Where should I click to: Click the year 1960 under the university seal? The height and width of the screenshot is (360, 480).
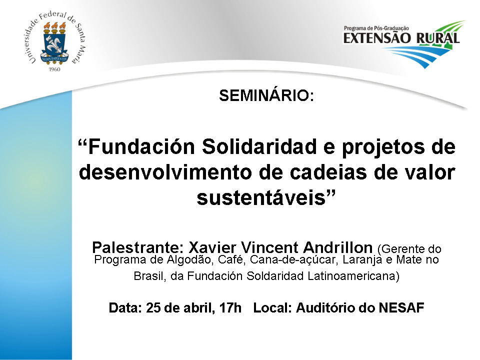point(54,69)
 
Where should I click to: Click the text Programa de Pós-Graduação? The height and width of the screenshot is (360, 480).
point(376,28)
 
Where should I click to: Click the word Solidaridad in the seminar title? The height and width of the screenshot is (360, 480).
point(259,146)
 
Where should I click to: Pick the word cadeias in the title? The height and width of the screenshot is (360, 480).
point(328,172)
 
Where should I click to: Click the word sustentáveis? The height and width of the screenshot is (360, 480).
point(261,198)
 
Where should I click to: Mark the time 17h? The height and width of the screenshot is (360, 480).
point(230,307)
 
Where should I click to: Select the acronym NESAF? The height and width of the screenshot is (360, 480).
point(401,307)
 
